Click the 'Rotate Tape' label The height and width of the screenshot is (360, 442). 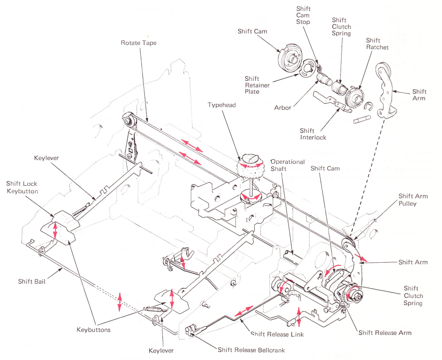[x=138, y=43]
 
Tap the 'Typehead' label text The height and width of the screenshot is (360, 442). [x=221, y=105]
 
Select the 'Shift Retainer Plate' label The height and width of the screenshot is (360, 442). [x=257, y=85]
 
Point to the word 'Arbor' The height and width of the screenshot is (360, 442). [x=282, y=107]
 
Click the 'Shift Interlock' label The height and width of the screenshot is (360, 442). [x=314, y=134]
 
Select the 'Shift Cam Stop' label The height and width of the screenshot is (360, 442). [x=303, y=15]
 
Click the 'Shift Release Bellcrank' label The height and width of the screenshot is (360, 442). [x=251, y=350]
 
